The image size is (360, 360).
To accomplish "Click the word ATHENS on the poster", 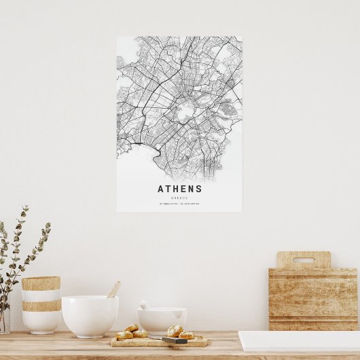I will [x=179, y=189].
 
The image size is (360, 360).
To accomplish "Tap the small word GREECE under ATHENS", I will [x=179, y=198].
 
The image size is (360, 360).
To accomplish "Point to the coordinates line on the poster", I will [x=179, y=204].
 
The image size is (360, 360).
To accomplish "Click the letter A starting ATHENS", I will [x=161, y=189].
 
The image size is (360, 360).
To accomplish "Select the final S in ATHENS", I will [x=198, y=189].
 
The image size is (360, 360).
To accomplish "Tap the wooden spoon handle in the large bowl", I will [x=113, y=289].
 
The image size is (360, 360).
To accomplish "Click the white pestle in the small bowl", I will [x=145, y=305].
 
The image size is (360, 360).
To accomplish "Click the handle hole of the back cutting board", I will [x=304, y=259].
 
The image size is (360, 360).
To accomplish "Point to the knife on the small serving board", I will [x=175, y=340].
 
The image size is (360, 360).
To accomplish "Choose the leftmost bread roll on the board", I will [x=124, y=335].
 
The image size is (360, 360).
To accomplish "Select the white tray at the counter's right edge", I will [x=299, y=341].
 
